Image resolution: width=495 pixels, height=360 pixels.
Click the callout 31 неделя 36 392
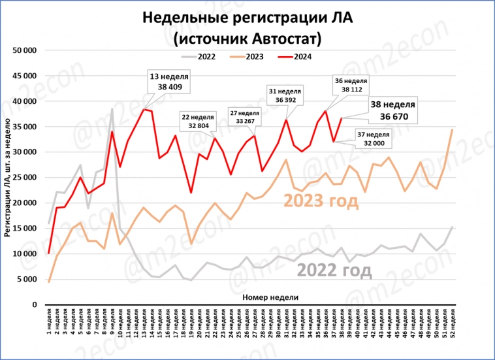pos(284,95)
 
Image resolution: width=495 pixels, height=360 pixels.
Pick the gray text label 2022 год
pos(334,270)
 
